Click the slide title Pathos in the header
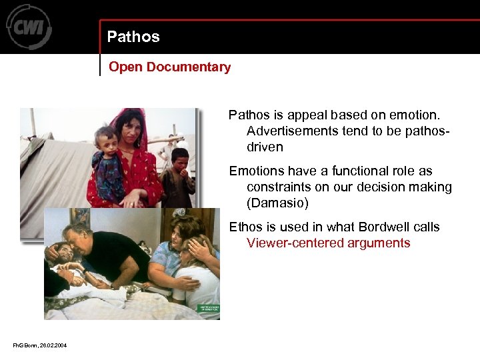pyautogui.click(x=133, y=37)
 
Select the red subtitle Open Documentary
pyautogui.click(x=169, y=67)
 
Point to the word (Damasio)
pyautogui.click(x=277, y=203)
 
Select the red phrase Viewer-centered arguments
pyautogui.click(x=328, y=243)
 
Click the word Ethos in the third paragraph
pyautogui.click(x=245, y=227)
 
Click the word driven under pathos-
pyautogui.click(x=265, y=147)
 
